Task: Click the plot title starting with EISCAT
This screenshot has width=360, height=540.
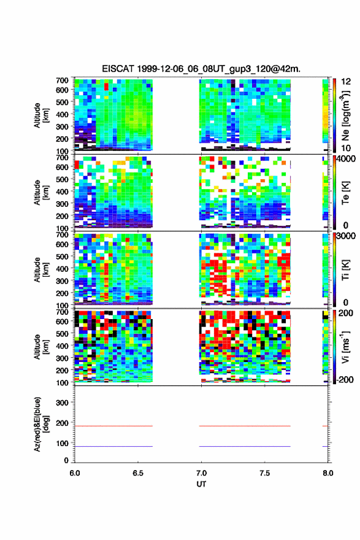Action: coord(201,69)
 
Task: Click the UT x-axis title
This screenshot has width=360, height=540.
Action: coord(201,484)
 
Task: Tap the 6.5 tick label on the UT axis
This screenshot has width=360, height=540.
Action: coord(137,473)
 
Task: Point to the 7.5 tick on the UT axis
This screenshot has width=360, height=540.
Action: coord(264,473)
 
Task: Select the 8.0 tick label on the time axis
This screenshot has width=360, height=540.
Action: coord(327,473)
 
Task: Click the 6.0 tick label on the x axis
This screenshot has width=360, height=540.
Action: coord(75,473)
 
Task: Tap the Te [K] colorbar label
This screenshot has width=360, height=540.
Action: coord(345,193)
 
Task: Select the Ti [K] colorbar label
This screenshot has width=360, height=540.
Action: coord(345,269)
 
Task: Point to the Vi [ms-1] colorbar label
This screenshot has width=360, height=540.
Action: coord(345,347)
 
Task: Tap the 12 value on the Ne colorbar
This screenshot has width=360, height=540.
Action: coord(346,81)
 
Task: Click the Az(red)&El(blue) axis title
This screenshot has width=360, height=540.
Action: coord(41,424)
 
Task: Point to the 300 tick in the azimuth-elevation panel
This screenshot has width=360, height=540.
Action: coord(62,403)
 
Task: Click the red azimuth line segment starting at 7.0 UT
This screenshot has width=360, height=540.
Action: coord(245,426)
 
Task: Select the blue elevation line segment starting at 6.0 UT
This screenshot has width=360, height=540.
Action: coord(113,446)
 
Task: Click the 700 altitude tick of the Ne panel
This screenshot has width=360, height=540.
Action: coord(62,80)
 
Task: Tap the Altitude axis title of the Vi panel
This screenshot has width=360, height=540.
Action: coord(41,347)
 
